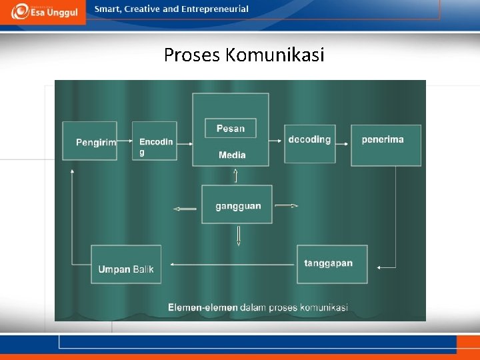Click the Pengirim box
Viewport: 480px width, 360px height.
89,141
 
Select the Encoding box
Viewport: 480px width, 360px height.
155,141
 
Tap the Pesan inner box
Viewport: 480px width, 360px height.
231,128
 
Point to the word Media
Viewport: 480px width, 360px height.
232,155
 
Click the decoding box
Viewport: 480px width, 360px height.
309,143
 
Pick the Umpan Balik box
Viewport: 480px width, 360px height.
125,264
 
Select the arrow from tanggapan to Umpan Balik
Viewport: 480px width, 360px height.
233,264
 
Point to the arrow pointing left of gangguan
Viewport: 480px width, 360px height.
185,209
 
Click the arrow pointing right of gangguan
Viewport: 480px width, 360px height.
287,205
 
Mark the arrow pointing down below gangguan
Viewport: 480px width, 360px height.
238,236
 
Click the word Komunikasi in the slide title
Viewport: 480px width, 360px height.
275,55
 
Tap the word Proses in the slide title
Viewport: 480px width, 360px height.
192,55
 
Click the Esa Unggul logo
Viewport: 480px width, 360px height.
44,11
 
